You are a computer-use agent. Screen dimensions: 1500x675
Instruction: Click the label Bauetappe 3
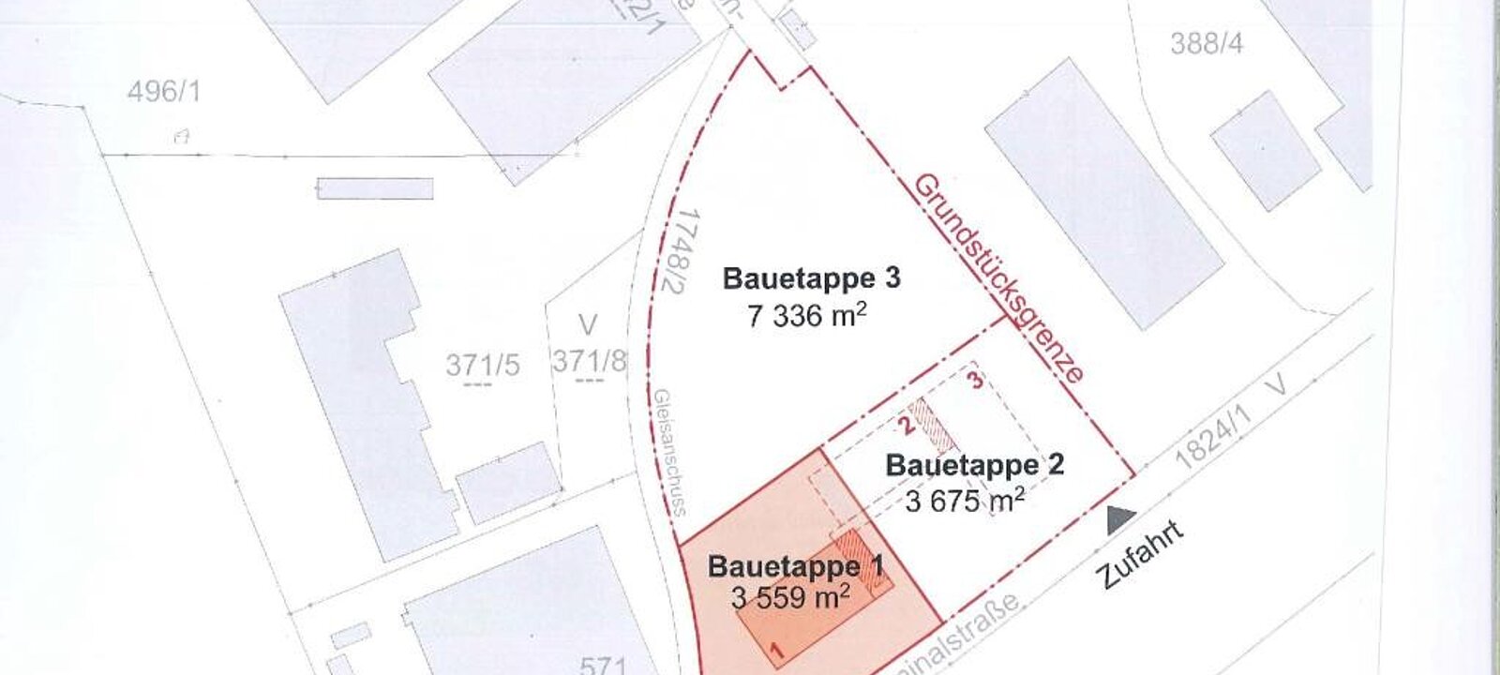(x=812, y=279)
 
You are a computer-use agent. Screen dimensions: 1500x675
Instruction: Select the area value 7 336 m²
(x=806, y=315)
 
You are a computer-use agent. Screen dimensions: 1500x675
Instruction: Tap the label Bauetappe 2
(x=975, y=465)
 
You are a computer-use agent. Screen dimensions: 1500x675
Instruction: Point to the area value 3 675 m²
(x=965, y=502)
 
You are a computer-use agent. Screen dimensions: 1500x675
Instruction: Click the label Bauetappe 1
(x=795, y=566)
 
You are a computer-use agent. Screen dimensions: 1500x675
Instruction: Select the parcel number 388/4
(x=1207, y=43)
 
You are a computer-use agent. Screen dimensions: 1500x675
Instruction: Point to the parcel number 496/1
(x=164, y=92)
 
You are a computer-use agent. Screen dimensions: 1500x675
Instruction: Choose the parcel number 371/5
(x=482, y=365)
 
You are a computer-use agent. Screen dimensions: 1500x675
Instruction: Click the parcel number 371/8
(x=588, y=361)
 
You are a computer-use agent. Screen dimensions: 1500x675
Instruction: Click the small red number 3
(x=977, y=381)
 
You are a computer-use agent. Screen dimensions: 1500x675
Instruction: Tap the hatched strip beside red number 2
(x=934, y=427)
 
